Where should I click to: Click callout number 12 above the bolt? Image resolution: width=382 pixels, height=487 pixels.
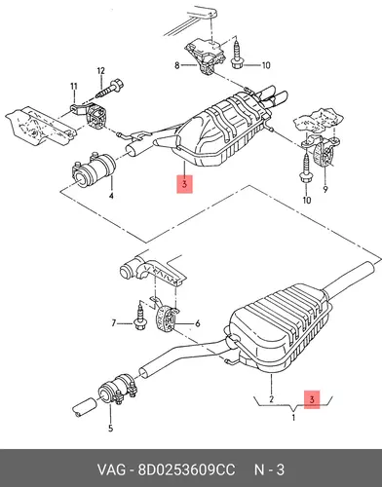tap(101, 71)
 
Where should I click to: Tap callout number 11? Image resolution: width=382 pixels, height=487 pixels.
tap(74, 87)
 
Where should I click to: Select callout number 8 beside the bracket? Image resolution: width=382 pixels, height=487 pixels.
tap(177, 65)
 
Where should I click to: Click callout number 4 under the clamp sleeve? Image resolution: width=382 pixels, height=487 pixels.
tap(111, 196)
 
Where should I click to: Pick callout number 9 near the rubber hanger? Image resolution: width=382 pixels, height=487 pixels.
tap(325, 189)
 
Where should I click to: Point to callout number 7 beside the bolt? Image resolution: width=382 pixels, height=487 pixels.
tap(114, 323)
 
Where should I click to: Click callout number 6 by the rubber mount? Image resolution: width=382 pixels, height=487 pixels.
tap(198, 323)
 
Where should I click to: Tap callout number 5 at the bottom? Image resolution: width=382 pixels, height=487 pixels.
tap(110, 429)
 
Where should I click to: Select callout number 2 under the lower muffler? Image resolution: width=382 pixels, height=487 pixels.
tap(271, 399)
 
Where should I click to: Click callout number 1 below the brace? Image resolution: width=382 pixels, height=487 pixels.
tap(293, 418)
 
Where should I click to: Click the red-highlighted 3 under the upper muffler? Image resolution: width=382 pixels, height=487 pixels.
tap(184, 184)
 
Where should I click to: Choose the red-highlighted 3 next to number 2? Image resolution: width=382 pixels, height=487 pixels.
tap(312, 399)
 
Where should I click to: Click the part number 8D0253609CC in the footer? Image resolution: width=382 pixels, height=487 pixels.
tap(186, 469)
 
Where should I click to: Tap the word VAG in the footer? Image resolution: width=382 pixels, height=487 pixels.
tap(111, 469)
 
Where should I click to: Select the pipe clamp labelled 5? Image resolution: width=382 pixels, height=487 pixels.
tap(117, 390)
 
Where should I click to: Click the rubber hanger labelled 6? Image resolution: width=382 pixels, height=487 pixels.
tap(167, 318)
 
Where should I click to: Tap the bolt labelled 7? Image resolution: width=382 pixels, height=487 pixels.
tap(139, 316)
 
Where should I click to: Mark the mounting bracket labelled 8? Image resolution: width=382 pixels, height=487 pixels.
tap(206, 56)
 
